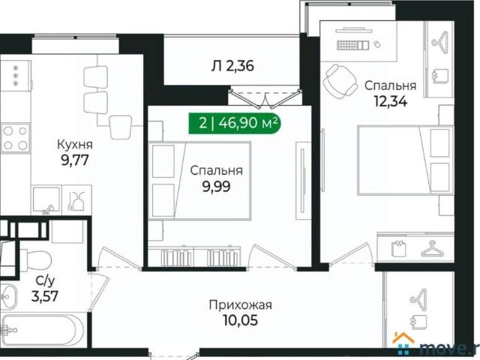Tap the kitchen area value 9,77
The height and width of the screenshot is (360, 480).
pos(75,158)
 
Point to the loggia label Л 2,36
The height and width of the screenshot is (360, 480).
pos(232,66)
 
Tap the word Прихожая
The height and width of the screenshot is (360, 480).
pos(240,304)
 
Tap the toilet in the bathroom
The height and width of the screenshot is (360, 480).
pos(34,259)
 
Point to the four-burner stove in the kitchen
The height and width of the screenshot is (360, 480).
pos(14,138)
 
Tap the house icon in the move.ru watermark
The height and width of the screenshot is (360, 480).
pos(403,341)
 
